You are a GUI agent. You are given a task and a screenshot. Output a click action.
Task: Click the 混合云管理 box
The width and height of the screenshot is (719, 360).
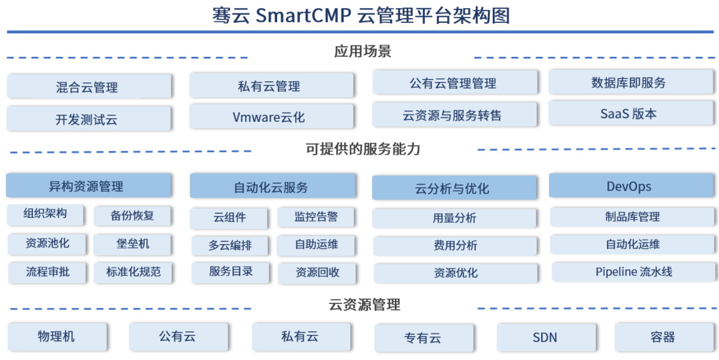(x=89, y=86)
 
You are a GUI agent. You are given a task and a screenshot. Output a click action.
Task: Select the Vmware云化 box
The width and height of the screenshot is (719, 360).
(x=271, y=117)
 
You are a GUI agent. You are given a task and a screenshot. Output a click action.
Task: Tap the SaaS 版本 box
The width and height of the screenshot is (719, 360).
(x=631, y=113)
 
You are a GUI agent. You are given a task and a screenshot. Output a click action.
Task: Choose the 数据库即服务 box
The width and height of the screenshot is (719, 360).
(x=631, y=82)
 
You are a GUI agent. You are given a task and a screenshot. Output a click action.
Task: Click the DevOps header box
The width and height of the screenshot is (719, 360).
(x=631, y=185)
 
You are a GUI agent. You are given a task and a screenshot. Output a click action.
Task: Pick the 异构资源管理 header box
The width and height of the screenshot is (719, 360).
(x=89, y=185)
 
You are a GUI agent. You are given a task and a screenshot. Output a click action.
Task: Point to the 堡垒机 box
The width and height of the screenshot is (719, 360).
(x=132, y=244)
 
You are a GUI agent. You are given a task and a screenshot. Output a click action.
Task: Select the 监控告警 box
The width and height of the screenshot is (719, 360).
(x=316, y=217)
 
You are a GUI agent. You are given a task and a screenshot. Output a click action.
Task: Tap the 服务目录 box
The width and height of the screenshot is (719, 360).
(x=230, y=272)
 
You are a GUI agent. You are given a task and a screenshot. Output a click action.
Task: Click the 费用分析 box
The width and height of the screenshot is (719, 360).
(x=455, y=246)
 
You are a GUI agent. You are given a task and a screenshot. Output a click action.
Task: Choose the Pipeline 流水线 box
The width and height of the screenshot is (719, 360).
(x=634, y=272)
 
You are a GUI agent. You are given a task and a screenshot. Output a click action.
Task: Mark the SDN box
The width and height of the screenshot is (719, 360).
(x=547, y=338)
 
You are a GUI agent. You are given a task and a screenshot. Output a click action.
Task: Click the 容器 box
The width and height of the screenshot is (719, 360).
(x=664, y=338)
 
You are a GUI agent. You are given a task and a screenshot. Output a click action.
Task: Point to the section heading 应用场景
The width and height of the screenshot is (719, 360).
(x=363, y=52)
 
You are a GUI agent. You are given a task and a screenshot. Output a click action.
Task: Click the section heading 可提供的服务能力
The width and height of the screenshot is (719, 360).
(x=363, y=149)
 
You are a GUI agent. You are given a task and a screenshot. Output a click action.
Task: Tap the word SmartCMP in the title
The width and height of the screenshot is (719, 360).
(x=303, y=16)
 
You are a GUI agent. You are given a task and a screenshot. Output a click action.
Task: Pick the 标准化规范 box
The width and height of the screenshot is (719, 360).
(x=133, y=272)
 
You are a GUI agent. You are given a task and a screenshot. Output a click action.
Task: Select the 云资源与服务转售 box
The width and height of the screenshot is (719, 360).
(x=454, y=115)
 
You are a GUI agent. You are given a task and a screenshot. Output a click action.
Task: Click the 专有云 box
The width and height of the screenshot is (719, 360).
(x=424, y=338)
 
